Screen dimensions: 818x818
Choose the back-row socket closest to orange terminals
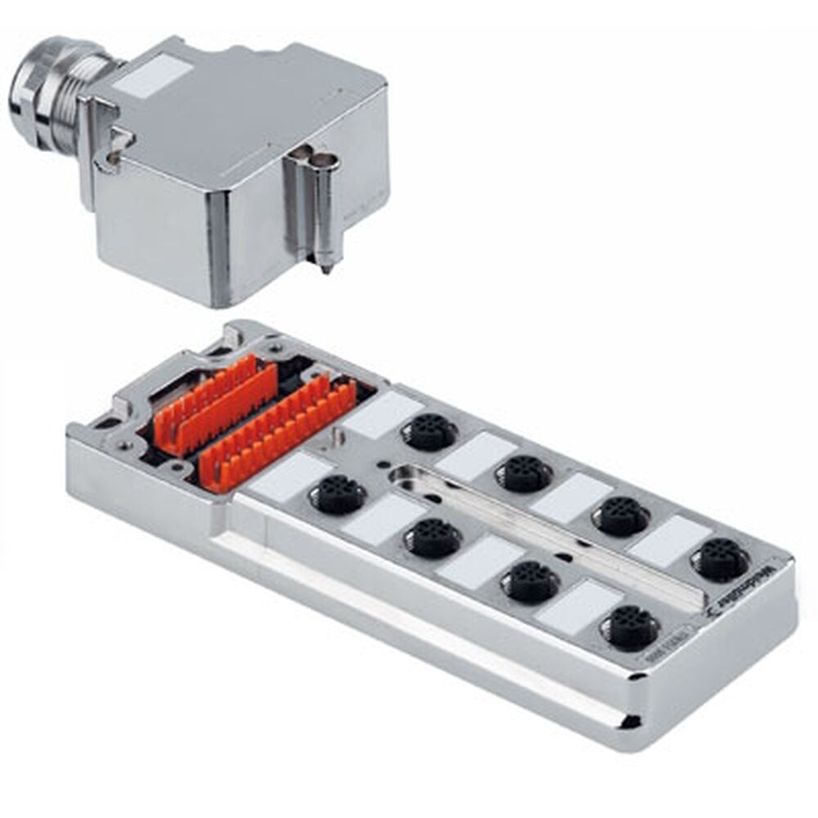pyautogui.click(x=428, y=430)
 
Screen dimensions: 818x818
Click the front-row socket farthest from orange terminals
pyautogui.click(x=628, y=628)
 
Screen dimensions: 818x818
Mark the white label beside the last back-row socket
pyautogui.click(x=670, y=540)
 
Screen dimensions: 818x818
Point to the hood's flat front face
pyautogui.click(x=151, y=233)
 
